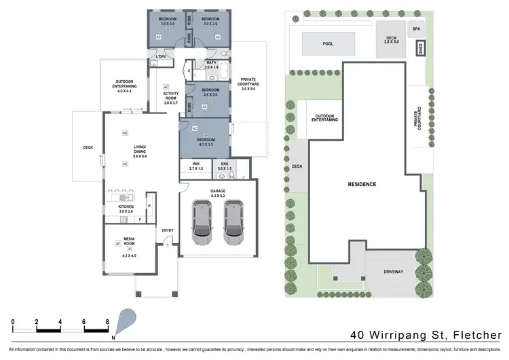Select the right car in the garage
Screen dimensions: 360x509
[235, 222]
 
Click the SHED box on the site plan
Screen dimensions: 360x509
[421, 49]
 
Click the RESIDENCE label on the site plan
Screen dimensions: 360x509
[362, 184]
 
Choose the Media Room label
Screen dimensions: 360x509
[130, 244]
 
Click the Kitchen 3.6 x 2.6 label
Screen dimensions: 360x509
[126, 209]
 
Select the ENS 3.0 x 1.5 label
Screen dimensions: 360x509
[225, 165]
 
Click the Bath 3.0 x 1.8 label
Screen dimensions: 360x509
[212, 65]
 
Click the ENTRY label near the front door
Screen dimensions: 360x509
[168, 231]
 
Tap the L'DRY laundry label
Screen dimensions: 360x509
[161, 57]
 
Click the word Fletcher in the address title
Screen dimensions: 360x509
[476, 334]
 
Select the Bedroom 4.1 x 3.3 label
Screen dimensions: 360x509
[206, 142]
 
